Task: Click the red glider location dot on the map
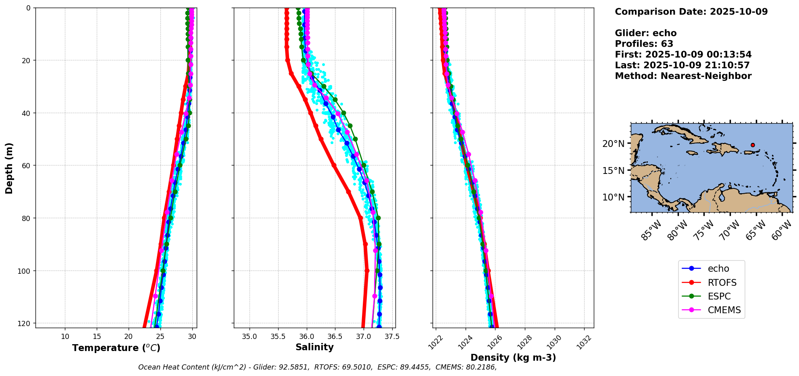coord(753,145)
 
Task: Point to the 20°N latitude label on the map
coord(614,144)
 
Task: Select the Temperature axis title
coord(116,348)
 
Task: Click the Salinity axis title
coord(314,347)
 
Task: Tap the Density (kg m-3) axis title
coord(513,357)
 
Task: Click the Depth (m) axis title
coord(9,168)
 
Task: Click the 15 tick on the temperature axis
coord(97,336)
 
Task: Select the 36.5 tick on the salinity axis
coord(335,336)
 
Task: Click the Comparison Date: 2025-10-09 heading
coord(691,12)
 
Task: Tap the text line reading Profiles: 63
coord(644,44)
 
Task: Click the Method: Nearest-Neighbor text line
coord(683,76)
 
